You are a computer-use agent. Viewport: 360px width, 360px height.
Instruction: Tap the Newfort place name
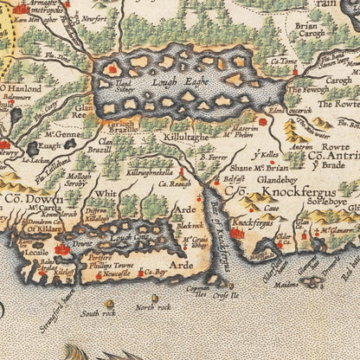click(x=94, y=17)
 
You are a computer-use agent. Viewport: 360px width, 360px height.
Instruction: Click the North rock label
click(x=152, y=307)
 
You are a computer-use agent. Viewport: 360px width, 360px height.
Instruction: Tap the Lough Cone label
click(x=129, y=236)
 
